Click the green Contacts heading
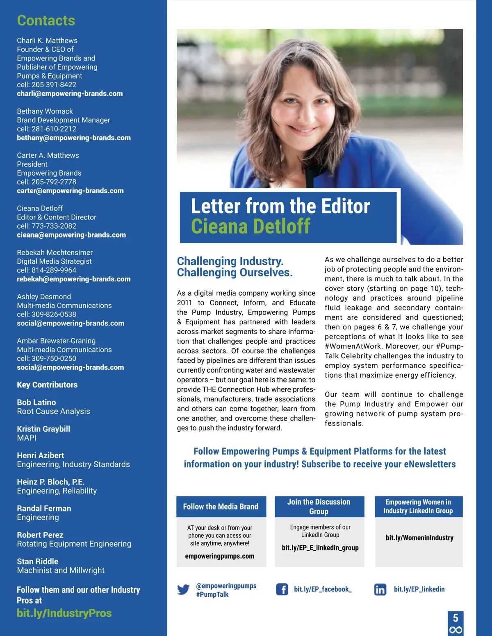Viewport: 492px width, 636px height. pos(46,20)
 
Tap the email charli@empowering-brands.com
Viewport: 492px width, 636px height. pos(70,94)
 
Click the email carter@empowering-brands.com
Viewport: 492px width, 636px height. pos(70,191)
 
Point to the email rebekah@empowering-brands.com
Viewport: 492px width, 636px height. pos(74,279)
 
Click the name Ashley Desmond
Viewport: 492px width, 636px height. pos(44,296)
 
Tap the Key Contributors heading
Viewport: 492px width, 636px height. pos(47,385)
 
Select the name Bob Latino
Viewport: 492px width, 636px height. pos(36,403)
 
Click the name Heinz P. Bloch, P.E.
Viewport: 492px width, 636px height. pos(51,482)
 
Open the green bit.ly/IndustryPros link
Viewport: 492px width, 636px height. pos(64,613)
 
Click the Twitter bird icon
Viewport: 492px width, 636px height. pos(183,590)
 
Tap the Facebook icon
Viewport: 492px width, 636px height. pos(282,589)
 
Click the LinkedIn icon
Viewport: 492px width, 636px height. pos(380,589)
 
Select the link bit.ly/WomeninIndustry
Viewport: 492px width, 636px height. pos(419,538)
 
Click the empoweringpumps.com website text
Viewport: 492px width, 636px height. pos(219,556)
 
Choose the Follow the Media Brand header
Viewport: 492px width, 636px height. pos(221,507)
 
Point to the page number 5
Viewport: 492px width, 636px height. pos(456,618)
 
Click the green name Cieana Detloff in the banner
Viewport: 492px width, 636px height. pos(251,226)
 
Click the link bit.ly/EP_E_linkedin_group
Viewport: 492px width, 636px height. pos(320,548)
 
